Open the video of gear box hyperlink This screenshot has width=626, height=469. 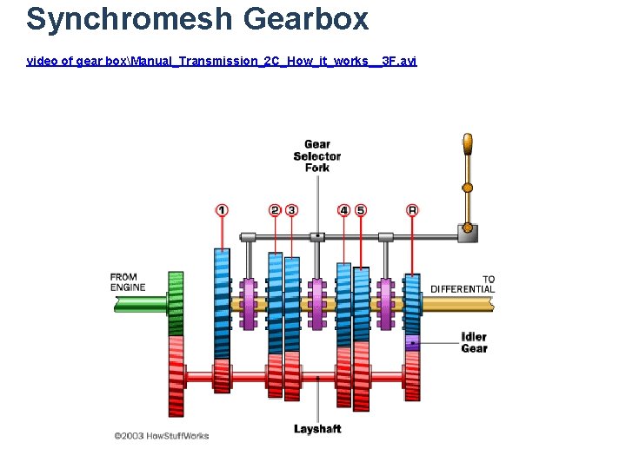tap(222, 61)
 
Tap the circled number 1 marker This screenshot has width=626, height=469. tap(223, 210)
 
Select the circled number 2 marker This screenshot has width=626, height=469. tap(275, 210)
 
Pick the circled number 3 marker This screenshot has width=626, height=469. tap(291, 210)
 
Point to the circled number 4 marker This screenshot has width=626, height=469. tap(344, 210)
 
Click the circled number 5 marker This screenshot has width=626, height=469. tap(361, 210)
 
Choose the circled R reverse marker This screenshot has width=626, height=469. tap(412, 210)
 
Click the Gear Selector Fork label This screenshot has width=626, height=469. tap(317, 156)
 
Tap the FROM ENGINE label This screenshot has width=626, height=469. tap(128, 282)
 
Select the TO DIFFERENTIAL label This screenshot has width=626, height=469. tap(463, 284)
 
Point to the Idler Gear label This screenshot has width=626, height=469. tap(474, 342)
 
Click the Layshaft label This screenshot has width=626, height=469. tap(317, 429)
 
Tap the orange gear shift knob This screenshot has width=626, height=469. tap(468, 144)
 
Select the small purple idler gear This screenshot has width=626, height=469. tap(412, 342)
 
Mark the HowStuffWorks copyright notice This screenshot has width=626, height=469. tap(162, 436)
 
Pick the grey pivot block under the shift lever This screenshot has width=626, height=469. tap(468, 232)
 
